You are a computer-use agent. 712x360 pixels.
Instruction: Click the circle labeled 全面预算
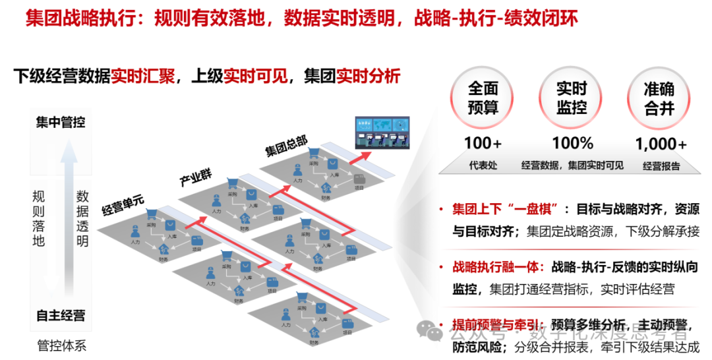[x=483, y=99]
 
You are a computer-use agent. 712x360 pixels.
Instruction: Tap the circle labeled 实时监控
[x=571, y=99]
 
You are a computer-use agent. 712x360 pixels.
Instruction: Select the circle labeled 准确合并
[x=659, y=99]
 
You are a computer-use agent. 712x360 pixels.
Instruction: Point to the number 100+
[x=483, y=143]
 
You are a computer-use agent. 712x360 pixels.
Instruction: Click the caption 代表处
[x=483, y=165]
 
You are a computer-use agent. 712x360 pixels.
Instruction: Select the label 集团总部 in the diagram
[x=285, y=146]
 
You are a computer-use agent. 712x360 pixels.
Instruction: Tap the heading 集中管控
[x=61, y=123]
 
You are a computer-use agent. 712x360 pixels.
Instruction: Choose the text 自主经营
[x=61, y=315]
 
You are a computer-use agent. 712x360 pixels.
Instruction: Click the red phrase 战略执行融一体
[x=497, y=266]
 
